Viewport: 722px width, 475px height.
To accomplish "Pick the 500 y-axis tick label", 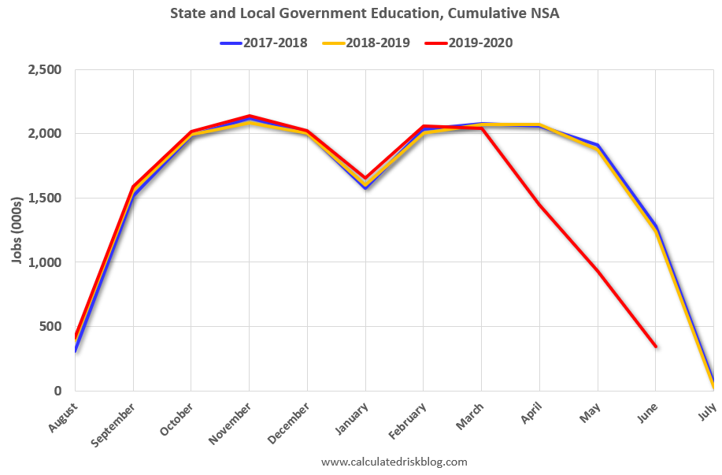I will (x=50, y=327).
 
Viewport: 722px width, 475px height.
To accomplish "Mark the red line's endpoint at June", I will (x=655, y=347).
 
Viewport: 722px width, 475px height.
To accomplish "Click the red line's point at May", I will (x=598, y=271).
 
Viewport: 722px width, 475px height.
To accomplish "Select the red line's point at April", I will (x=539, y=205).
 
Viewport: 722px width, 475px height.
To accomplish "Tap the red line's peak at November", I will (x=250, y=116).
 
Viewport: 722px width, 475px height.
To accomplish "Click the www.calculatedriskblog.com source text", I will (x=394, y=462).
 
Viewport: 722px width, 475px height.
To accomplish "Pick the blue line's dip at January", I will (x=365, y=188).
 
